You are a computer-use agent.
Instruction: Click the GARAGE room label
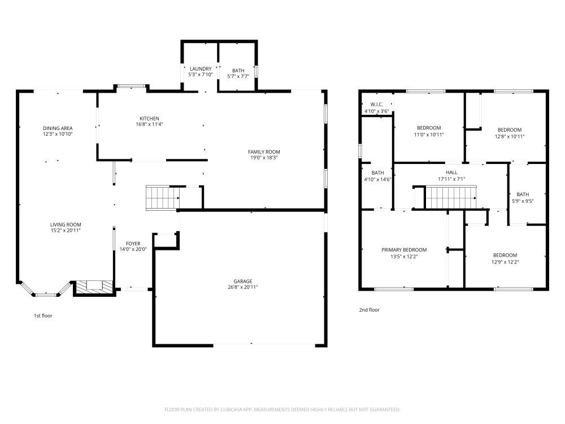[x=243, y=281]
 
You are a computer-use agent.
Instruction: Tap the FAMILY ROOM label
[x=264, y=152]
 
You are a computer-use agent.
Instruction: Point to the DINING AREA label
[x=58, y=128]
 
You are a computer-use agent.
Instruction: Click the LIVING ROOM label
[x=66, y=224]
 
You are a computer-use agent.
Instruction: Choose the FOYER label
[x=133, y=244]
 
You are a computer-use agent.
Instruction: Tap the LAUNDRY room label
[x=200, y=69]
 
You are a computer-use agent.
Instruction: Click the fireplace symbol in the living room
[x=90, y=287]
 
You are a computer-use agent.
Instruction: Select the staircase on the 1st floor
[x=162, y=197]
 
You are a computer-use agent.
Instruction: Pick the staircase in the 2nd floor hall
[x=450, y=198]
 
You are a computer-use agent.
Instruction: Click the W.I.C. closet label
[x=377, y=105]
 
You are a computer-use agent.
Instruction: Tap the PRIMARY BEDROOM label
[x=403, y=250]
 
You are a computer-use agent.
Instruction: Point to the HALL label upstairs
[x=451, y=172]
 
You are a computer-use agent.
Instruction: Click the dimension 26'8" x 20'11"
[x=243, y=287]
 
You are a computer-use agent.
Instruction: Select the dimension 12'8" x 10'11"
[x=508, y=136]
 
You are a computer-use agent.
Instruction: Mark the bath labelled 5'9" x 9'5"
[x=523, y=197]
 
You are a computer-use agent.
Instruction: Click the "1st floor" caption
[x=43, y=315]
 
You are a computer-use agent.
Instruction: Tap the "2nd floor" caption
[x=370, y=310]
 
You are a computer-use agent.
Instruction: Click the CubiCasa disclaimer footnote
[x=282, y=409]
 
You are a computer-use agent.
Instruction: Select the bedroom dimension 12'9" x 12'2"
[x=505, y=262]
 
